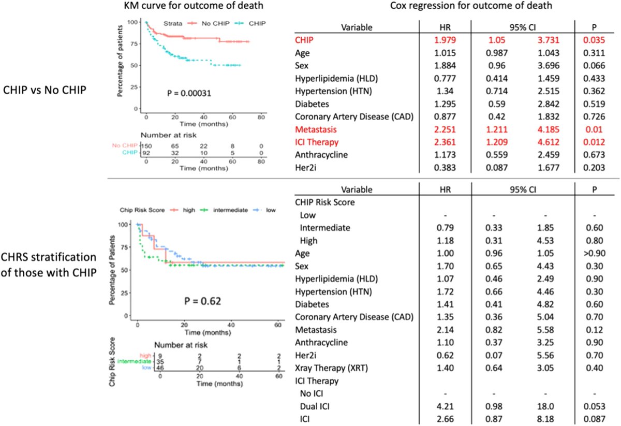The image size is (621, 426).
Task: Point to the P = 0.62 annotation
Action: pyautogui.click(x=203, y=300)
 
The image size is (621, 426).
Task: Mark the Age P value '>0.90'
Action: pyautogui.click(x=594, y=253)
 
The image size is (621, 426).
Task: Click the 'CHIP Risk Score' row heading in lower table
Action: pyautogui.click(x=324, y=202)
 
